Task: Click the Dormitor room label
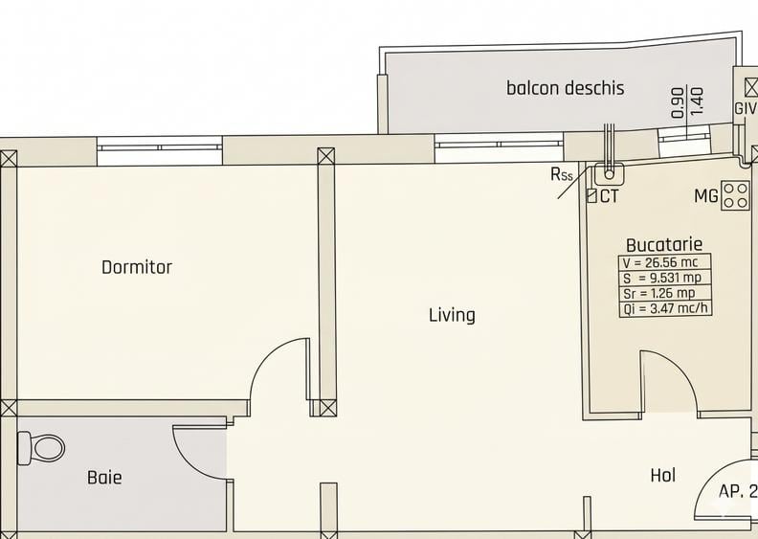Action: click(137, 267)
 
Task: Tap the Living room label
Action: click(452, 314)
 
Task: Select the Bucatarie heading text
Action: click(664, 245)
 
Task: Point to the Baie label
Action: click(104, 477)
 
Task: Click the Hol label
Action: click(662, 475)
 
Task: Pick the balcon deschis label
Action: click(565, 88)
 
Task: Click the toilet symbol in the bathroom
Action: click(41, 447)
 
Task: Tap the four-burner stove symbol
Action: click(736, 195)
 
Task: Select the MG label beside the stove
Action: click(706, 197)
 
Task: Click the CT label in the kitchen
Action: click(609, 197)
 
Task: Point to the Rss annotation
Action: click(562, 174)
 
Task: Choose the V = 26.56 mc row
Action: click(665, 262)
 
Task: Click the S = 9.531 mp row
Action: click(665, 278)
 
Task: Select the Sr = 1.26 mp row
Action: click(665, 293)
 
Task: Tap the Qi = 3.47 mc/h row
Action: click(665, 308)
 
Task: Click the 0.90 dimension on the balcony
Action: click(678, 101)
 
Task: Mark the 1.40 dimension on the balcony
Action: click(697, 101)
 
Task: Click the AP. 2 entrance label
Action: click(737, 491)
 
